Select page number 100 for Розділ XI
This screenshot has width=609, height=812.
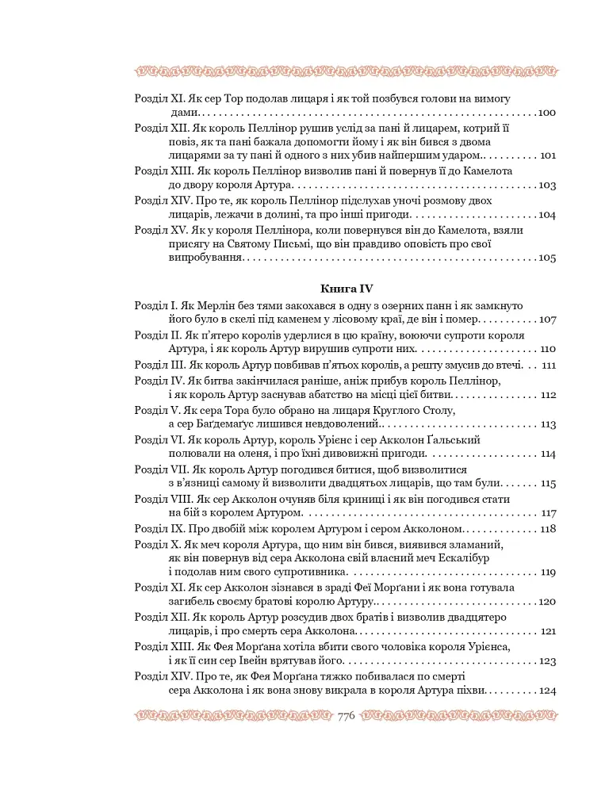pyautogui.click(x=547, y=113)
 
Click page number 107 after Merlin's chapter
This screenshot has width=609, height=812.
pyautogui.click(x=547, y=320)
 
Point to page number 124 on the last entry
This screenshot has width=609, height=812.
pyautogui.click(x=547, y=691)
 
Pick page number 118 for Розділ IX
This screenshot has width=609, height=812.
pyautogui.click(x=548, y=529)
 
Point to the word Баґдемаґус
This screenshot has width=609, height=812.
pyautogui.click(x=230, y=425)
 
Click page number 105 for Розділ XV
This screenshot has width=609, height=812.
pyautogui.click(x=547, y=258)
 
